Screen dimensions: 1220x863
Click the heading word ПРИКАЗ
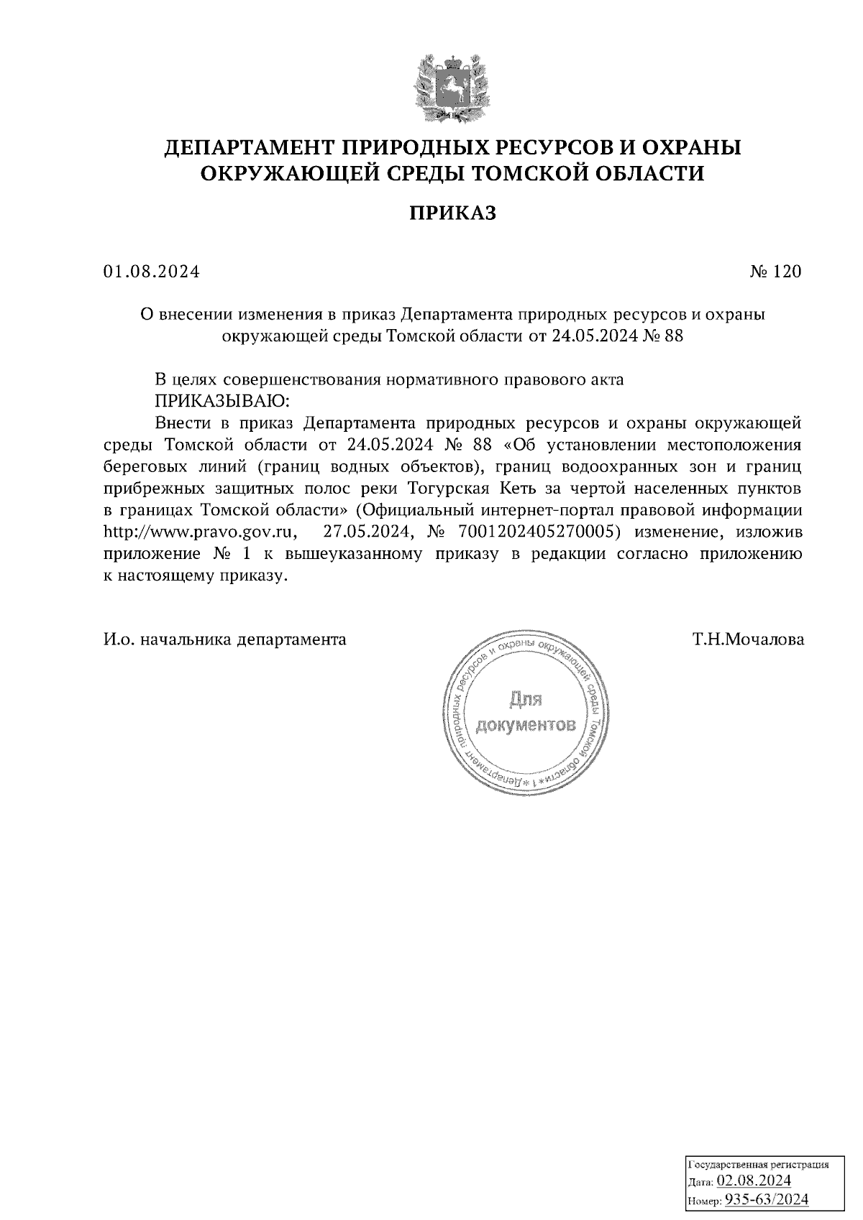(x=452, y=213)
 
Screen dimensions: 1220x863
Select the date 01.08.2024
(x=151, y=272)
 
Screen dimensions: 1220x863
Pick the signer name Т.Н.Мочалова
(x=749, y=639)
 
